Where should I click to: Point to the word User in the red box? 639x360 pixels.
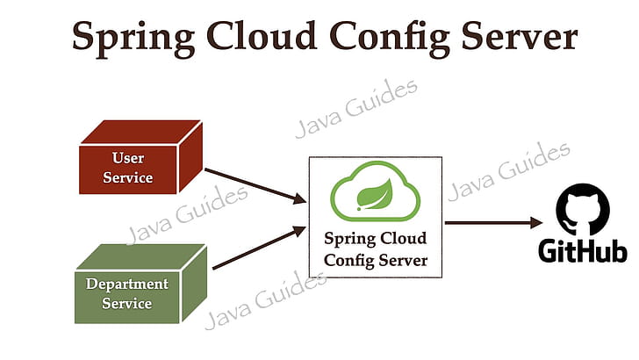[x=128, y=159]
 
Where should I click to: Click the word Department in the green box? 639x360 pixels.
[x=126, y=284]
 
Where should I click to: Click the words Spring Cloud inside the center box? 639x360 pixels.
[x=376, y=238]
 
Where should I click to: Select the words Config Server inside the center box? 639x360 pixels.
[x=376, y=260]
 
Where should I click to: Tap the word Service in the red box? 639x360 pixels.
[x=128, y=177]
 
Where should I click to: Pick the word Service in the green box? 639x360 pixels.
[x=126, y=304]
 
